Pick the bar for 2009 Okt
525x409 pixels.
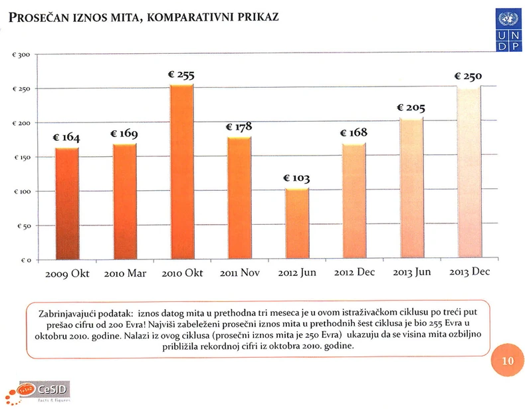[66, 202]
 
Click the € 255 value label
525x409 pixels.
[181, 76]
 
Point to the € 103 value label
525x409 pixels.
[296, 179]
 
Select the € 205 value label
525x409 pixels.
[411, 108]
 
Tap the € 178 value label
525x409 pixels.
[239, 126]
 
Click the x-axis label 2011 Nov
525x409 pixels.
[239, 273]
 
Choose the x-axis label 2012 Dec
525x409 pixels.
[354, 273]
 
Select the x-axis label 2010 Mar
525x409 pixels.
[124, 273]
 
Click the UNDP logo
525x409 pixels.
[509, 30]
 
